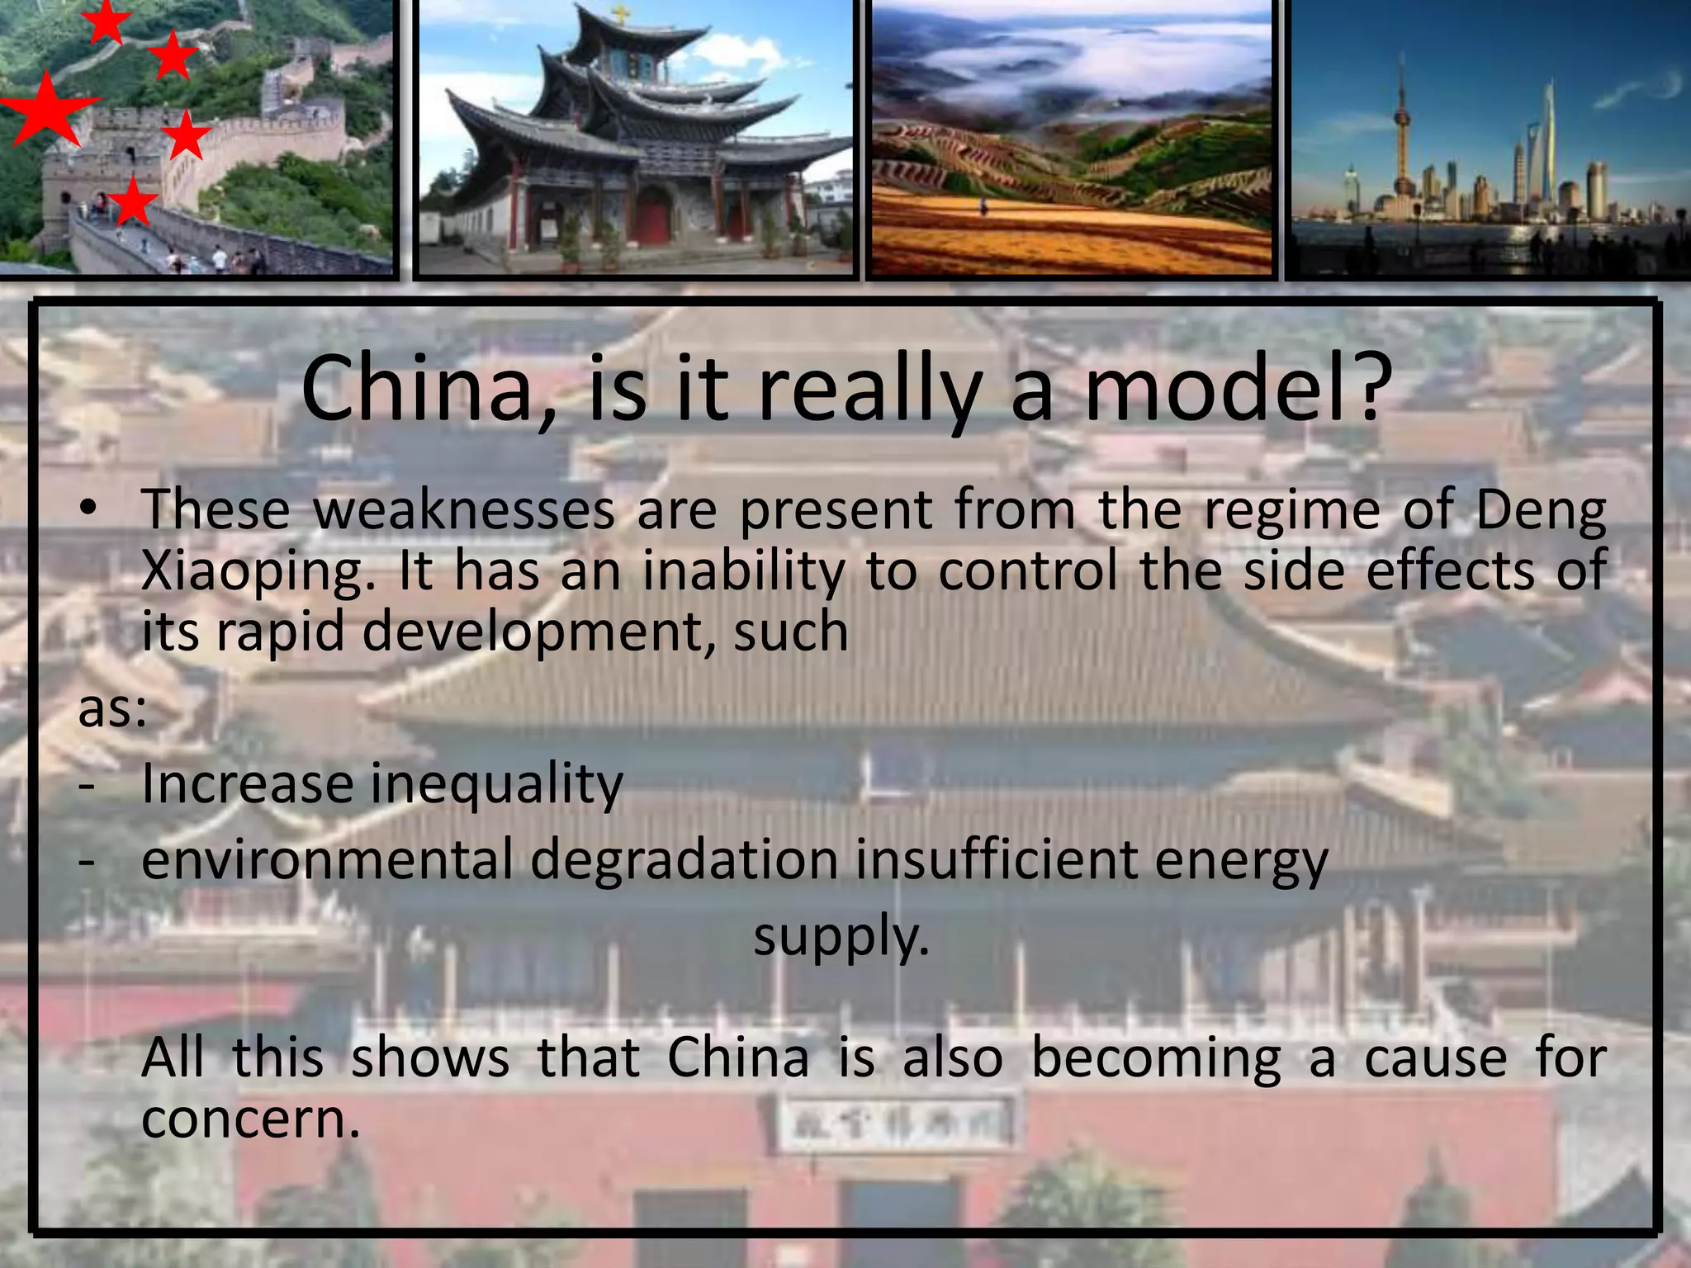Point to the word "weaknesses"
point(464,509)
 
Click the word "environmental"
point(327,860)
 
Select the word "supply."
point(841,938)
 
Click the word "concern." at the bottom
point(251,1119)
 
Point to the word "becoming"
point(1156,1059)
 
